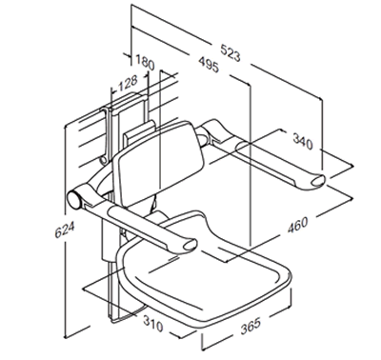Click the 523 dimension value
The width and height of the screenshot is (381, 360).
pyautogui.click(x=231, y=52)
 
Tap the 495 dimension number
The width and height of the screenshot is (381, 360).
pyautogui.click(x=209, y=65)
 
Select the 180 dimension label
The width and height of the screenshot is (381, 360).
pyautogui.click(x=145, y=62)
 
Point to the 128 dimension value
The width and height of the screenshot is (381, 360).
pyautogui.click(x=128, y=83)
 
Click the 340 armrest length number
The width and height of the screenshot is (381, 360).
pyautogui.click(x=303, y=141)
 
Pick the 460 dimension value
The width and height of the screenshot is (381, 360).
pyautogui.click(x=298, y=225)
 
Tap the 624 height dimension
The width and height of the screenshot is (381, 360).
pyautogui.click(x=65, y=230)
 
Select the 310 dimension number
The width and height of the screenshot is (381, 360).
pyautogui.click(x=153, y=324)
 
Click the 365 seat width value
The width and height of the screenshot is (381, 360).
pyautogui.click(x=251, y=326)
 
